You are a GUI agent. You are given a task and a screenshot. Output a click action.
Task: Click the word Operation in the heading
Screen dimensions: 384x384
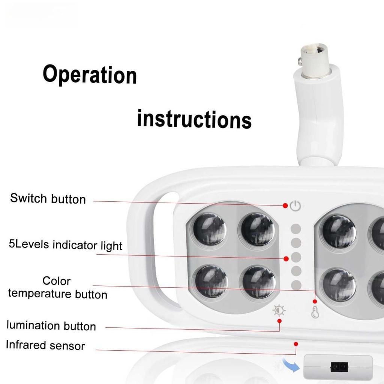click(x=90, y=75)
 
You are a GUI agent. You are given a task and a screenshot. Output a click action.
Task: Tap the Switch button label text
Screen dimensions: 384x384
click(x=48, y=198)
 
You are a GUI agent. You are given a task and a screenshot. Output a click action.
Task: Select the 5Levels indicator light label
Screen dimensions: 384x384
click(x=66, y=245)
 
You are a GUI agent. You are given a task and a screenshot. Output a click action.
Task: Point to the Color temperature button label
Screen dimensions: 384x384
click(x=57, y=287)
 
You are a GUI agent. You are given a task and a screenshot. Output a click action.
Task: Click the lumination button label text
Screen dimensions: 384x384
click(x=51, y=325)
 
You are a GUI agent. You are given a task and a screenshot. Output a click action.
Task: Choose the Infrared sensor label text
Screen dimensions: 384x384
click(x=45, y=345)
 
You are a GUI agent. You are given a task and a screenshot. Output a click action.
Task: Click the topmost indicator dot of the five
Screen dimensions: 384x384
click(x=296, y=229)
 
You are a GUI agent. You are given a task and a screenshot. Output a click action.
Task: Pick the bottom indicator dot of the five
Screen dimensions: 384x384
click(x=296, y=285)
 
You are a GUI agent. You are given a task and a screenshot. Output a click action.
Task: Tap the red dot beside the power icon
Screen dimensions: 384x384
click(x=285, y=205)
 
